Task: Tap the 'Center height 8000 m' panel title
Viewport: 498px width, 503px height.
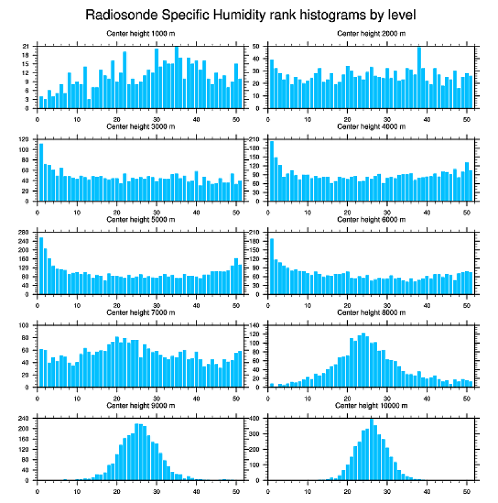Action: click(371, 313)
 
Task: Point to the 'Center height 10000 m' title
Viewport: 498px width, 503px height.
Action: click(371, 405)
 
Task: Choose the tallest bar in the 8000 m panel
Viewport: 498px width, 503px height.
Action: click(363, 360)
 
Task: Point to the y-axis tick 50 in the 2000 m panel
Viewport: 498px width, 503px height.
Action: click(257, 46)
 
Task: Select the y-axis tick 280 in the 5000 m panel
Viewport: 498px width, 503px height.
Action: click(24, 233)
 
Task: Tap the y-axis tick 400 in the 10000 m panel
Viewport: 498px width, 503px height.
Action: click(255, 419)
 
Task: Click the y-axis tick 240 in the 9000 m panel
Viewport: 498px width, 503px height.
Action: click(24, 419)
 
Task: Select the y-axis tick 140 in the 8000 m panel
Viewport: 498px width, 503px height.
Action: click(255, 325)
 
